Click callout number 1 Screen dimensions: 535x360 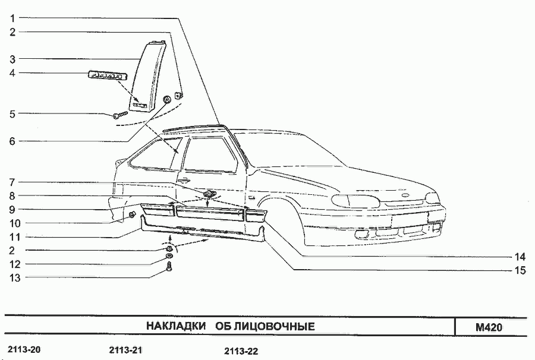12,18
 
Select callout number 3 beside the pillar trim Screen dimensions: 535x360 12,59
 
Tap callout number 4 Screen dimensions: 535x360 12,73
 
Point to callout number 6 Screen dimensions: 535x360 12,141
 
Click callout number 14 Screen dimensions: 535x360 520,257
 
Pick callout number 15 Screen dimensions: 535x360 520,270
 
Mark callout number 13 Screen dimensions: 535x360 15,278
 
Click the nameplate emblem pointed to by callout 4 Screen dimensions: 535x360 108,75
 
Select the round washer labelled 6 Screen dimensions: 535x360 168,100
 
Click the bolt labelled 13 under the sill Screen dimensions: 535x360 169,267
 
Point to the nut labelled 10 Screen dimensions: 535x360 133,215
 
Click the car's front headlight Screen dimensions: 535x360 356,201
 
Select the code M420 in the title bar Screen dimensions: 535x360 489,327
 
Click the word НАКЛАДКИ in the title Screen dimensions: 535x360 176,326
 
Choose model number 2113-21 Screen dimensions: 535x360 125,350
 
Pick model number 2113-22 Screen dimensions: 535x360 241,351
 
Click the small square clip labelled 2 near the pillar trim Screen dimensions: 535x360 178,96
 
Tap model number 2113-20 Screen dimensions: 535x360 24,349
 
